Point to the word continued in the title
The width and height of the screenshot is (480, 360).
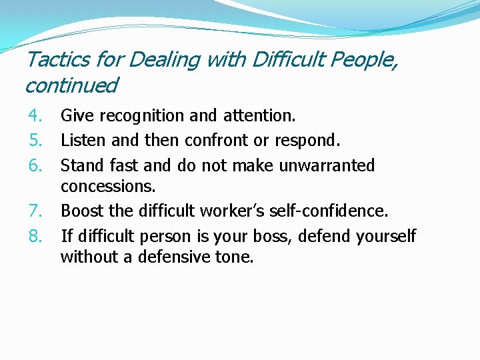pyautogui.click(x=71, y=85)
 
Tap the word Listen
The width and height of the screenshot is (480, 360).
pyautogui.click(x=80, y=141)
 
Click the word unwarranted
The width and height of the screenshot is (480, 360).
pyautogui.click(x=327, y=165)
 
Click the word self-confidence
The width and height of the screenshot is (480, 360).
pyautogui.click(x=331, y=211)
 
